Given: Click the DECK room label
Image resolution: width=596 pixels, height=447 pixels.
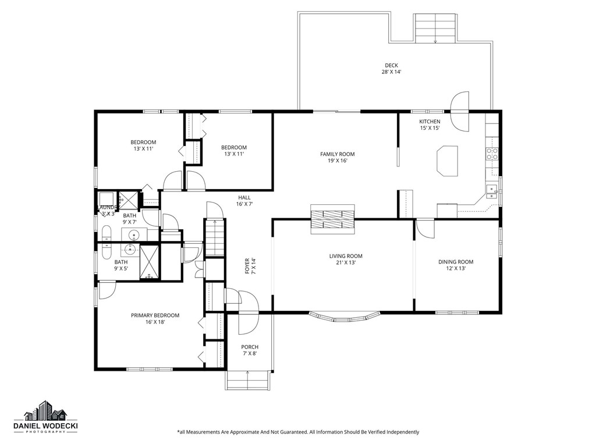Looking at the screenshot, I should pyautogui.click(x=391, y=65).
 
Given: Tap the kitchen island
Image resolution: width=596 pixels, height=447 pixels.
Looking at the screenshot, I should pyautogui.click(x=447, y=161).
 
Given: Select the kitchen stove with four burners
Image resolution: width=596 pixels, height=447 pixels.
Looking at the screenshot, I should pyautogui.click(x=492, y=154).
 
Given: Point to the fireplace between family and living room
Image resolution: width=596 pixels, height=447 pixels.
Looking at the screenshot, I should pyautogui.click(x=332, y=218).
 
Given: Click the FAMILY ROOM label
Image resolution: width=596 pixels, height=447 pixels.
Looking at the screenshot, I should pyautogui.click(x=337, y=154).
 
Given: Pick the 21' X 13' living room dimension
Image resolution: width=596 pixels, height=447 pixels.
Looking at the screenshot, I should pyautogui.click(x=346, y=263).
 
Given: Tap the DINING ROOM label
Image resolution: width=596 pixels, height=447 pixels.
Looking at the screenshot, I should pyautogui.click(x=456, y=262).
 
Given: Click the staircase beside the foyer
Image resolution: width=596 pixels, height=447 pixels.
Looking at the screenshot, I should pyautogui.click(x=215, y=237).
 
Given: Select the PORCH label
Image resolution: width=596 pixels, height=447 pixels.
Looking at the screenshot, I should pyautogui.click(x=250, y=347).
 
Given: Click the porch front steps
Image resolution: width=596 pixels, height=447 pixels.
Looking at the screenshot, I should pyautogui.click(x=249, y=381).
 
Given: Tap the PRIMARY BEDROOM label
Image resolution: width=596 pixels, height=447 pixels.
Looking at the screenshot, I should pyautogui.click(x=155, y=315).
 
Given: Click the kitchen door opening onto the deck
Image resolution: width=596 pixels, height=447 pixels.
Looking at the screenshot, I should pyautogui.click(x=460, y=111).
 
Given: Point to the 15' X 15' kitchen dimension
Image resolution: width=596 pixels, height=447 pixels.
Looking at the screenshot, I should pyautogui.click(x=430, y=128).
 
